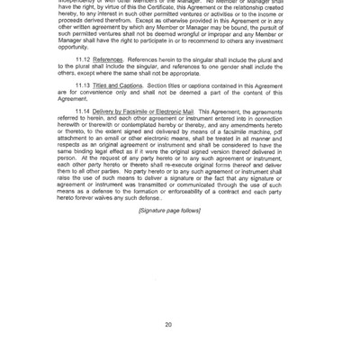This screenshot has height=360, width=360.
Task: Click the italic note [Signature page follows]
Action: coord(169,211)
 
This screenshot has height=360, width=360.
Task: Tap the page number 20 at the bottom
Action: coord(169,323)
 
